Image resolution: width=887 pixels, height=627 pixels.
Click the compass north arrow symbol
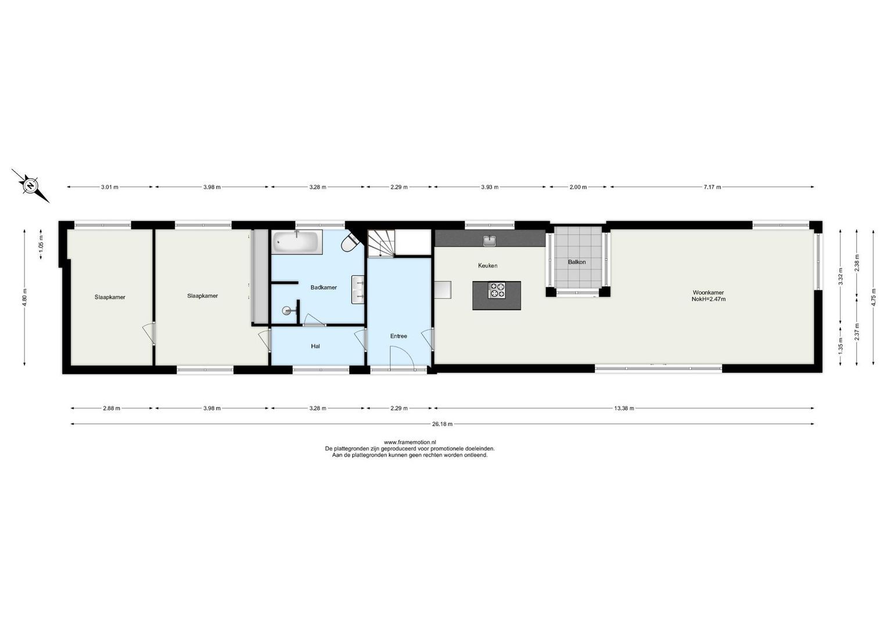click(29, 186)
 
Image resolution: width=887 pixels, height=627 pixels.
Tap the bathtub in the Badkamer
click(297, 242)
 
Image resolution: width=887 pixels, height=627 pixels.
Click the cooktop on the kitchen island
click(497, 290)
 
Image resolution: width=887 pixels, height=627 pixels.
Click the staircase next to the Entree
click(380, 243)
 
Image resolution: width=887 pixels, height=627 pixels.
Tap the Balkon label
click(577, 262)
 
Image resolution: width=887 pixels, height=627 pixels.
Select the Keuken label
click(487, 265)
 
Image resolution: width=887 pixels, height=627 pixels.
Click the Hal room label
click(315, 346)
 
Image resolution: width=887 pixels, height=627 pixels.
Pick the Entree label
click(398, 336)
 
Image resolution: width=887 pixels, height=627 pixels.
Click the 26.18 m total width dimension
click(442, 424)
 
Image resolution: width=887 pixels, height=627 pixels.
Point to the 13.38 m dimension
click(624, 408)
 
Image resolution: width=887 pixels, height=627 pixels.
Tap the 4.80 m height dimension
click(24, 297)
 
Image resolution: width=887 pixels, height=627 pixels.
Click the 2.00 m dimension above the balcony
click(578, 187)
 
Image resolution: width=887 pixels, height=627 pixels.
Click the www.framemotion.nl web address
click(410, 442)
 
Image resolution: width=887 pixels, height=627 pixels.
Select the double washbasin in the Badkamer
click(358, 290)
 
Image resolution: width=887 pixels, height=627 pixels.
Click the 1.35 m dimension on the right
click(840, 346)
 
